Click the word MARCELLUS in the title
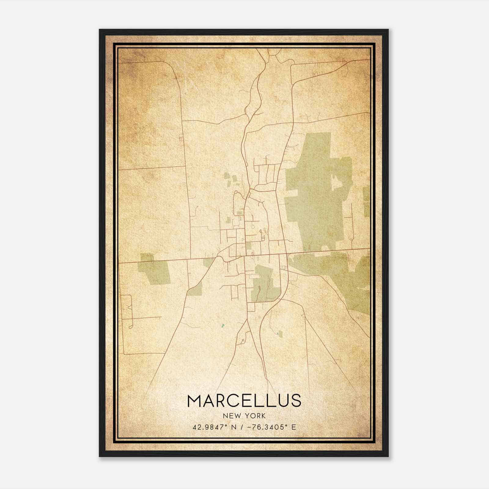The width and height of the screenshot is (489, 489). click(244, 401)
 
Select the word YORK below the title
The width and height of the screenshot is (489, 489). click(255, 416)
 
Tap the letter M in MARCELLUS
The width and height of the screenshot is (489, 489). click(195, 401)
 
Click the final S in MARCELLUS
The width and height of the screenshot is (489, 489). click(296, 401)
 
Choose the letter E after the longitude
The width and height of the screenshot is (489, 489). click(294, 427)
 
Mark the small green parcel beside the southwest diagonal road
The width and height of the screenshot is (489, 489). click(196, 289)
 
